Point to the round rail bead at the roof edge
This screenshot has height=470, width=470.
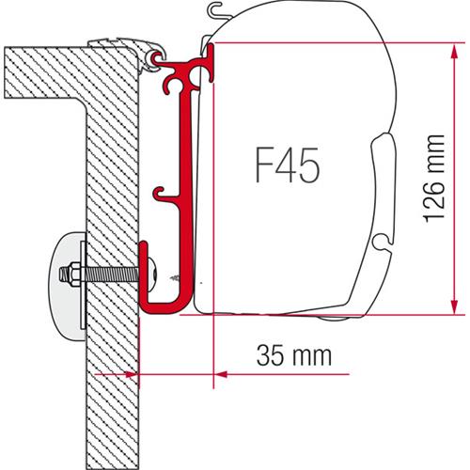[x=156, y=60]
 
